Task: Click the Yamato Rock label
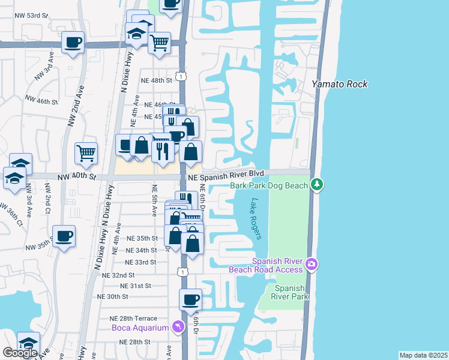click(x=339, y=85)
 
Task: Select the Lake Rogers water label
click(x=257, y=219)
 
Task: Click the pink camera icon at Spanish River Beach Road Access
click(x=311, y=263)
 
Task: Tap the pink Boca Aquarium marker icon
click(x=177, y=327)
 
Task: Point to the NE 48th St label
click(x=156, y=80)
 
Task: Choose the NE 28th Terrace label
click(x=133, y=319)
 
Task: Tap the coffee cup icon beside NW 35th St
click(x=64, y=236)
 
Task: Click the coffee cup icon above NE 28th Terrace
click(x=191, y=299)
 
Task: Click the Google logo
click(x=20, y=353)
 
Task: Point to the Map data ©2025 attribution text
click(x=423, y=355)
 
